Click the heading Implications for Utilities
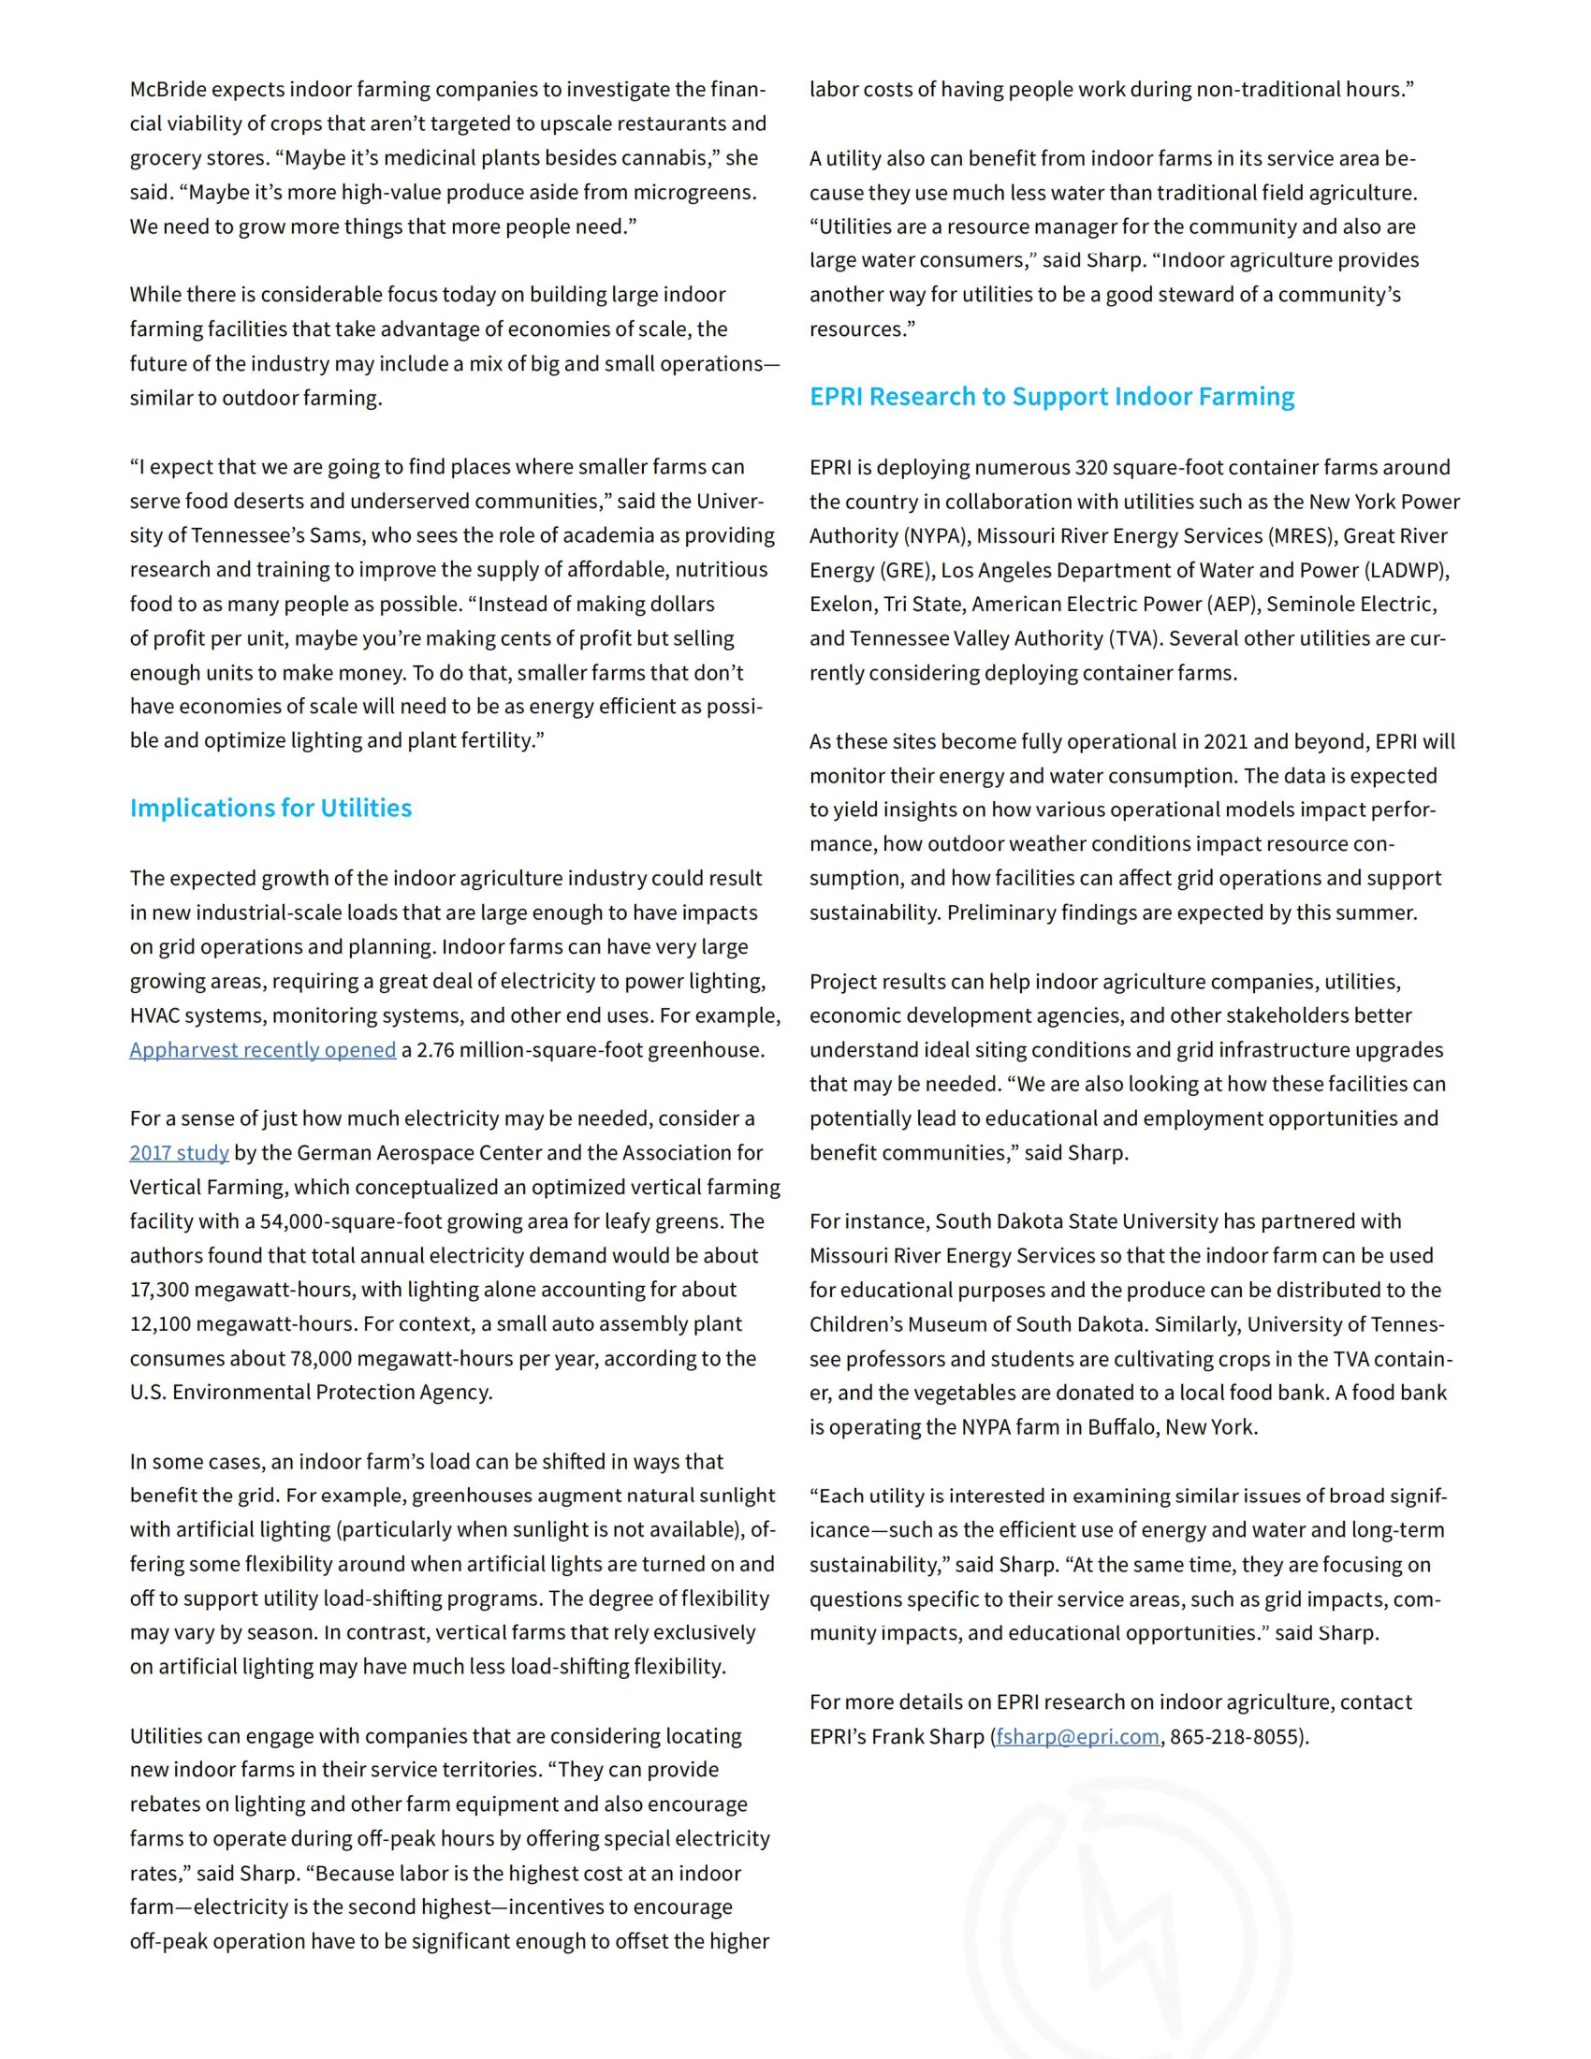click(x=270, y=808)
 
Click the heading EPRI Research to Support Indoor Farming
click(x=1051, y=396)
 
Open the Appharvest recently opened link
click(x=262, y=1049)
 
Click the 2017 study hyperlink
click(x=179, y=1152)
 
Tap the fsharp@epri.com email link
click(x=1077, y=1736)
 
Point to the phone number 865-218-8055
click(x=1235, y=1736)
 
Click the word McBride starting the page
click(x=168, y=90)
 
